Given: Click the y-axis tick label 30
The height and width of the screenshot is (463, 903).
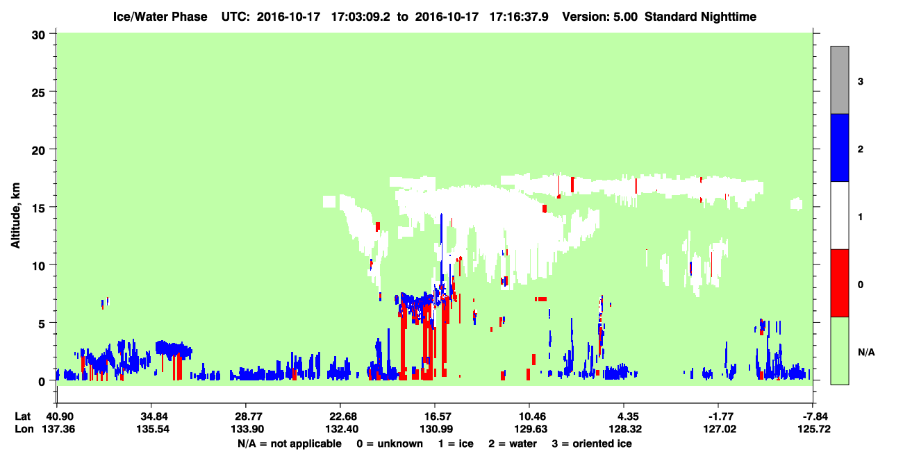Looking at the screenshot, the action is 38,35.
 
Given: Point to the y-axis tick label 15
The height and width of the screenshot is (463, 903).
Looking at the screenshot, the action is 38,207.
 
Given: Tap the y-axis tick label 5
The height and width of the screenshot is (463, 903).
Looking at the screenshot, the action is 42,323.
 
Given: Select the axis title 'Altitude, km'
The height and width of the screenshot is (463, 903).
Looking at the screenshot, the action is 15,215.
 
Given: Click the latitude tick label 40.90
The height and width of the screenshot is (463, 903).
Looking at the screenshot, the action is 57,416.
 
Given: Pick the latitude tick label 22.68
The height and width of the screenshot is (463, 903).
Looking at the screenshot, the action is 340,416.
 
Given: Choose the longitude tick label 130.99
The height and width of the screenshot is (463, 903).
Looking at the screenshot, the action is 436,429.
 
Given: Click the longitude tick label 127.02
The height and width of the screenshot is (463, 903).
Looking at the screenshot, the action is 720,429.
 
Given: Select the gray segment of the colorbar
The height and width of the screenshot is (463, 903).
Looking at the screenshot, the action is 840,80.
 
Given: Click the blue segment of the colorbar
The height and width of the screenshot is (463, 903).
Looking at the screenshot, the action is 840,147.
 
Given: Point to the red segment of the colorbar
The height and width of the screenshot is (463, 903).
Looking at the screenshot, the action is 840,283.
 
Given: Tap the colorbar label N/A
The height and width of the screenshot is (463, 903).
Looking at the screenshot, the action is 866,353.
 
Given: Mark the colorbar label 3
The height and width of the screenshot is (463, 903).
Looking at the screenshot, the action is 861,82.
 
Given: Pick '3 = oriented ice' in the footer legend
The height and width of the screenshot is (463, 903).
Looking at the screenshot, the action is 592,444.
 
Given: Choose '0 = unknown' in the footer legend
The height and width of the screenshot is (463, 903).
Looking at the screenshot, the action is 390,444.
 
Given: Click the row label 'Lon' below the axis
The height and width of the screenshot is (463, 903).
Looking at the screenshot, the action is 24,429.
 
